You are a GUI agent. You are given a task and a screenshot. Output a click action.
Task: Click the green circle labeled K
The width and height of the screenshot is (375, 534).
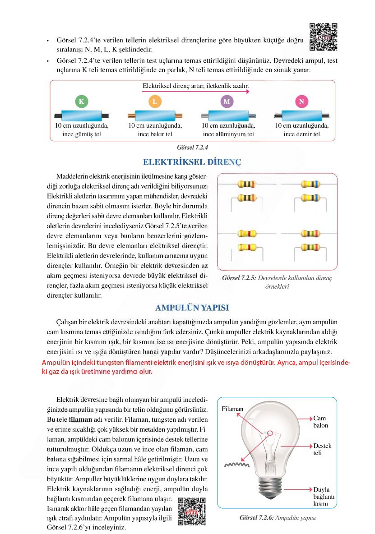(x=81, y=101)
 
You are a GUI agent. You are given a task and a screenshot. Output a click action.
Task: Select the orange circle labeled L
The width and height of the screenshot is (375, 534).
(x=154, y=101)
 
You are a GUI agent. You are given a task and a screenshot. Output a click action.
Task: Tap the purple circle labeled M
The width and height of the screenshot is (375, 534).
(x=227, y=101)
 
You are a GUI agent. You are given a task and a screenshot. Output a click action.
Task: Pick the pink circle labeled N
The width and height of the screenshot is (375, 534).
(x=301, y=101)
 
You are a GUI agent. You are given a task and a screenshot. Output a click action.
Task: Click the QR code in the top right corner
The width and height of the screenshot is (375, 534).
(x=324, y=37)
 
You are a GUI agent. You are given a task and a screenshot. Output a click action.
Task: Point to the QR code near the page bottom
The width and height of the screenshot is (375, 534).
(x=192, y=511)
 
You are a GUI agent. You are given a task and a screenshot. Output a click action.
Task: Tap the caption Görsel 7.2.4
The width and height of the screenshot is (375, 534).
(x=192, y=147)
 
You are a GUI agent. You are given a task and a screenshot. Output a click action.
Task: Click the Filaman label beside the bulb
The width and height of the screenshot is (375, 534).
(x=233, y=409)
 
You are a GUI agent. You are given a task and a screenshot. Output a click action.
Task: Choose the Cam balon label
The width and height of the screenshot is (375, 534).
(x=321, y=422)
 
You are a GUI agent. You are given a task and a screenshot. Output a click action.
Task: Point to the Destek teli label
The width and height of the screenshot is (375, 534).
(x=322, y=449)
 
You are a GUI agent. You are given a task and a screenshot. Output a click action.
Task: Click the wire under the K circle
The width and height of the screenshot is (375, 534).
(x=81, y=115)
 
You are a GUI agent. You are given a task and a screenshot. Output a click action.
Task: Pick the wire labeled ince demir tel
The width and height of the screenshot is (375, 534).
(x=301, y=115)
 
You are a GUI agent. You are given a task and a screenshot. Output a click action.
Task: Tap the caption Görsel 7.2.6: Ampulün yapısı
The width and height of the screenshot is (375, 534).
(x=278, y=518)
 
